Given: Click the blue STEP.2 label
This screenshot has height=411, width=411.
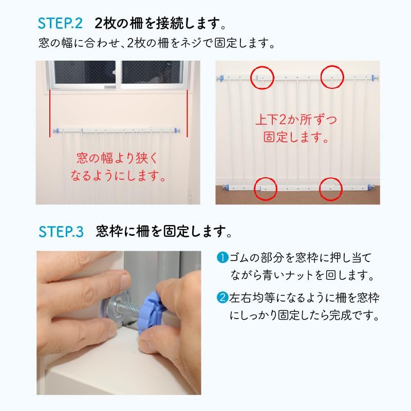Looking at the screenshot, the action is [60, 23].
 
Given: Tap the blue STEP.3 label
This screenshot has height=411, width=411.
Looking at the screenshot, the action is [61, 232].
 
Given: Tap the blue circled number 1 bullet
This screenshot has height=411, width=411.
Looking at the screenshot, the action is [222, 257].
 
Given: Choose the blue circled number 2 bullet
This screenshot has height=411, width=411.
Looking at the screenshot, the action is [222, 298].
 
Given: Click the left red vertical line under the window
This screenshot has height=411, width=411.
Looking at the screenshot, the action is [49, 113].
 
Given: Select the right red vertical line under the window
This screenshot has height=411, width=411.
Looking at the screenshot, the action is [187, 113].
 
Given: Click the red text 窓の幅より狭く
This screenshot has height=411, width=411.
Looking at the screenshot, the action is [117, 158].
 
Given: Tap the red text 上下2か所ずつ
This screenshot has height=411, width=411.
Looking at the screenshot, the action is [296, 120].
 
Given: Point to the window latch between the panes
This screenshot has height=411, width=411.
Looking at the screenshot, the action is [114, 72].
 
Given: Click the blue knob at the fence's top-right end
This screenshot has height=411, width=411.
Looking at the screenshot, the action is [375, 78].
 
